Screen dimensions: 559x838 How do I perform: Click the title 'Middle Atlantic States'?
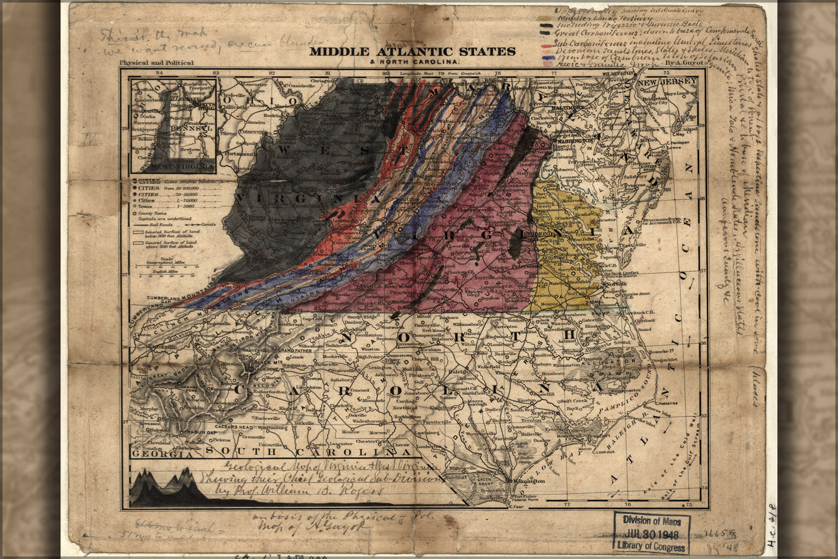click(x=413, y=51)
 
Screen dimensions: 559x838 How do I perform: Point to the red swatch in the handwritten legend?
click(x=547, y=44)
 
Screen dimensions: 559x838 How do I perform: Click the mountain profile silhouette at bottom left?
click(x=168, y=489)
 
